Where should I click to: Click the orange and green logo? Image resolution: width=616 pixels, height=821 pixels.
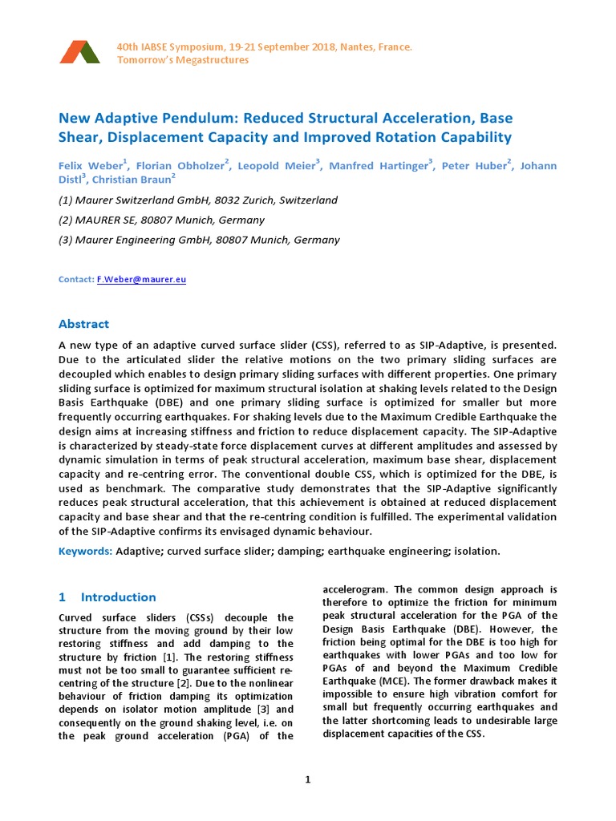79,52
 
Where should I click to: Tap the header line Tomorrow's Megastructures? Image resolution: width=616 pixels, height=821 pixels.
183,61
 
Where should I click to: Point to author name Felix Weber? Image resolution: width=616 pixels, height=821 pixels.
88,165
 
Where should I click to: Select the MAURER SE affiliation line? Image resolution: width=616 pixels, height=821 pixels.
161,220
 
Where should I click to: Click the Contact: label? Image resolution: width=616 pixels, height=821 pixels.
76,280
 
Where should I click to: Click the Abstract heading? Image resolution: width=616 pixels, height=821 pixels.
83,324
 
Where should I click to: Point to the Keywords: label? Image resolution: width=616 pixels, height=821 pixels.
86,552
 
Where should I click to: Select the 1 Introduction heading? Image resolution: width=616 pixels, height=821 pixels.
107,597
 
